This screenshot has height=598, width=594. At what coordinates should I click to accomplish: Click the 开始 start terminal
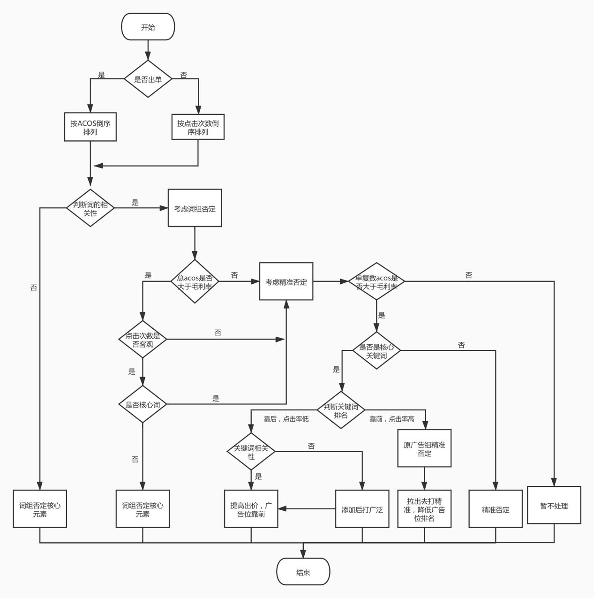[x=148, y=27]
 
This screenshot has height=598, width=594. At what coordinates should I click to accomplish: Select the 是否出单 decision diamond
[x=148, y=79]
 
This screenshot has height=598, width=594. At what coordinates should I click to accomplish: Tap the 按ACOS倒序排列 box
[x=90, y=127]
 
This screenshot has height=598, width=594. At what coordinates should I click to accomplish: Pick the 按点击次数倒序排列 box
[x=197, y=127]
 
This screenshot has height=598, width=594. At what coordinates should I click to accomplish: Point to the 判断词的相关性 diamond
[x=90, y=208]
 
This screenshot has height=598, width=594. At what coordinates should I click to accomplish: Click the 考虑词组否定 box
[x=195, y=208]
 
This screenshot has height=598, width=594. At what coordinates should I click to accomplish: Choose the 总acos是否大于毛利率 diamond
[x=195, y=281]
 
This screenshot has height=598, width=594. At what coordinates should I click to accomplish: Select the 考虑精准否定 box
[x=286, y=281]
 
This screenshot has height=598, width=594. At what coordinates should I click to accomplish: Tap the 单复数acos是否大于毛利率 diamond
[x=376, y=281]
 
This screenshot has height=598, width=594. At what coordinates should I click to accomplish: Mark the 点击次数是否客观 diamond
[x=143, y=340]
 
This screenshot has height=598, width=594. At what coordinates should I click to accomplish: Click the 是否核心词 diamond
[x=143, y=404]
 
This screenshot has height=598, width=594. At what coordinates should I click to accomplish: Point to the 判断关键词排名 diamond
[x=341, y=410]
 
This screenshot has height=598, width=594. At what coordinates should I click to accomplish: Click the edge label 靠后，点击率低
[x=286, y=419]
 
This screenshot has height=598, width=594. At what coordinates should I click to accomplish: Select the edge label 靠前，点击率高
[x=392, y=419]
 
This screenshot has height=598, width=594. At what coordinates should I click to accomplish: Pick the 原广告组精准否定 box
[x=424, y=448]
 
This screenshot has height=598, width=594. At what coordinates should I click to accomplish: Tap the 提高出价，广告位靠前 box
[x=251, y=509]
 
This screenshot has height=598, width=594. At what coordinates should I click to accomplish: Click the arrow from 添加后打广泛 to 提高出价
[x=307, y=509]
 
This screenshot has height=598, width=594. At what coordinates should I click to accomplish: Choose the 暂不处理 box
[x=554, y=505]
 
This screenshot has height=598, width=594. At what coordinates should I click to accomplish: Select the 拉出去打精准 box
[x=424, y=509]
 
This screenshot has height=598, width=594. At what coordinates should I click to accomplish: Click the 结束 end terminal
[x=303, y=572]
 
